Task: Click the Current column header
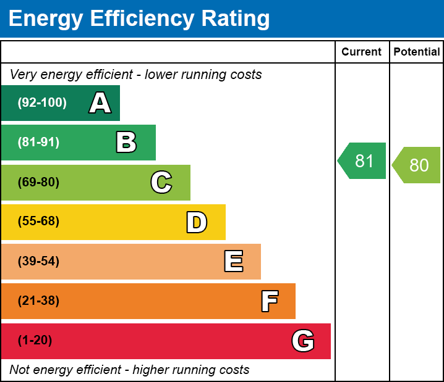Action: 361,52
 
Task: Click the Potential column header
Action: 417,52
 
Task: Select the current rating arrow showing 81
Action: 362,161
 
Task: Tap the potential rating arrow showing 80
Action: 416,165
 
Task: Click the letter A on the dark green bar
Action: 100,102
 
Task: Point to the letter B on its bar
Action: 126,142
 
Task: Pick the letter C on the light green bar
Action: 161,182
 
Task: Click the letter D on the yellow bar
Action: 197,222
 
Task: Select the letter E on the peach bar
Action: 234,261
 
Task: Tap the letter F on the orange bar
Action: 270,301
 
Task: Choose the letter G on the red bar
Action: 303,341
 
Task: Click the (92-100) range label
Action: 42,102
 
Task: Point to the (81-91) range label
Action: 38,142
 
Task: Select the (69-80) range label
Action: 38,182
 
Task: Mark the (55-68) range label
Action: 38,221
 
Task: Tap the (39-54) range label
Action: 38,261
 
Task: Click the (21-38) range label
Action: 38,301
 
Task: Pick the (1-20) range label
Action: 35,340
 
